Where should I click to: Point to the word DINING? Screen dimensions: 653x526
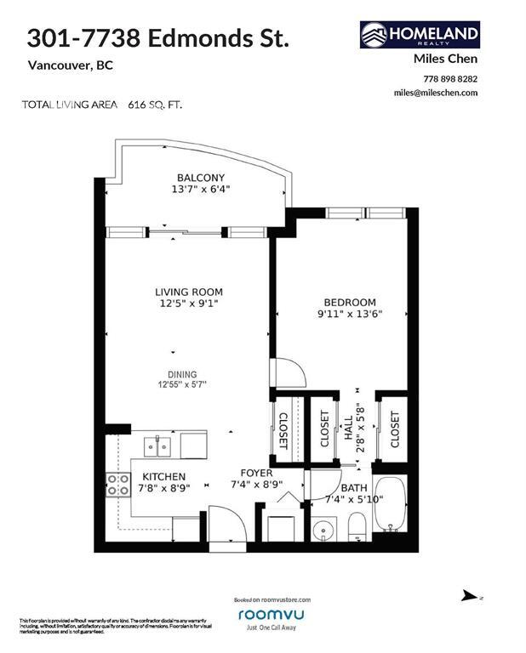182,374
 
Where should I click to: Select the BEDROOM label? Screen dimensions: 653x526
349,302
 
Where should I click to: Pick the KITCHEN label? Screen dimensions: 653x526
164,477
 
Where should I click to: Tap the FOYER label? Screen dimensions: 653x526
256,473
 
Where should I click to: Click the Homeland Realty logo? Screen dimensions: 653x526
420,35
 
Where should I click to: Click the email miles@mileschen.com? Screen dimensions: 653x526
435,93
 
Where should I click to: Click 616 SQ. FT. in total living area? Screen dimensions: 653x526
155,105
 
